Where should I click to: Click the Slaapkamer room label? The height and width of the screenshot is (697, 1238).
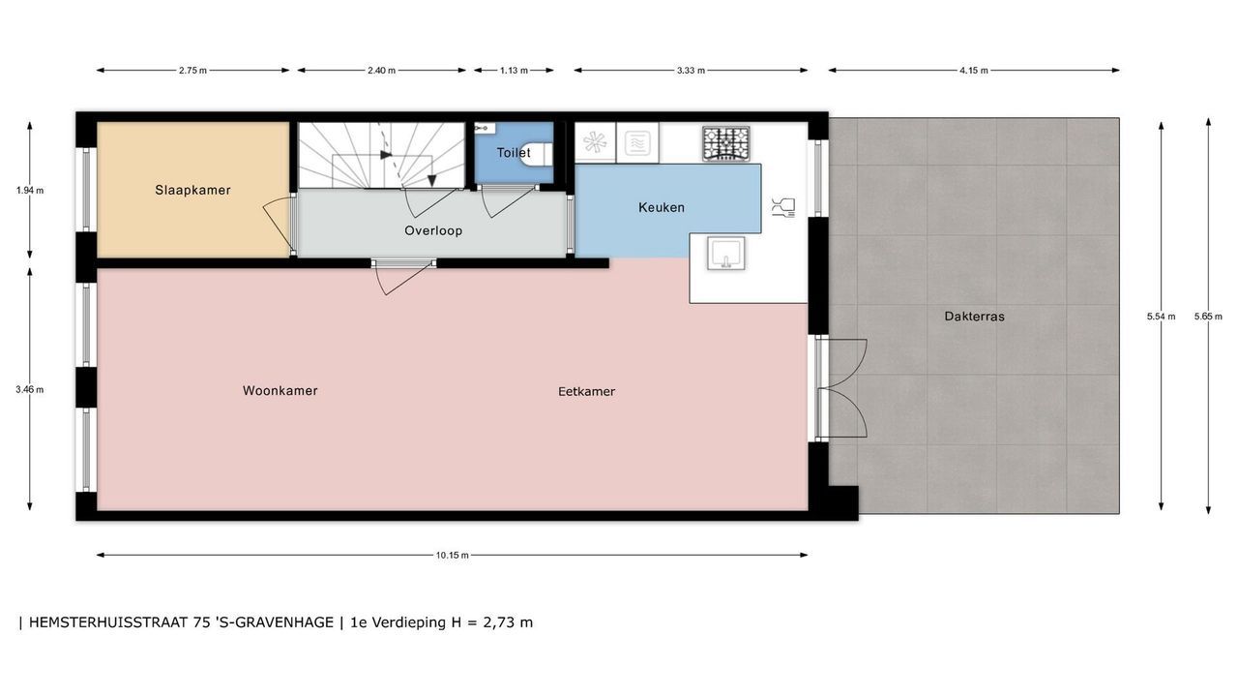point(192,191)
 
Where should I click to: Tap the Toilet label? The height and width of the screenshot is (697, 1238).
point(514,153)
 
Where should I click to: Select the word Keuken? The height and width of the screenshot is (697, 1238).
point(662,207)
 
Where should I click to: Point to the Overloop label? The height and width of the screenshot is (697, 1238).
point(433,230)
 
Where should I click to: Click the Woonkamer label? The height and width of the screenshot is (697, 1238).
point(280,390)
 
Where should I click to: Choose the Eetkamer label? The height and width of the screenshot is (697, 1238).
point(586,392)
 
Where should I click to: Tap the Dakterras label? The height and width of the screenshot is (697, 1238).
point(974,317)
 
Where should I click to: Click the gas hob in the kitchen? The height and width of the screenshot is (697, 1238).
point(726,143)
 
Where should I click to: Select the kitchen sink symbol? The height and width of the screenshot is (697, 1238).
point(725,254)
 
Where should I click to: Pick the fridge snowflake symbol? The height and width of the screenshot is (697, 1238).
point(595,142)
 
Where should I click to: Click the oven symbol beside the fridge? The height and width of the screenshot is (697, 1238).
point(637,143)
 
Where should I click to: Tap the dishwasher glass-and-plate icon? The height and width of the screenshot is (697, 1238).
point(783,207)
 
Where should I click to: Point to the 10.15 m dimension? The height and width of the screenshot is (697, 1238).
point(452,556)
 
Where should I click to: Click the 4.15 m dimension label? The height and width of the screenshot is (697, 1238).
point(974,71)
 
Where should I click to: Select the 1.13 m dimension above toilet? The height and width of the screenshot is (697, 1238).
point(514,71)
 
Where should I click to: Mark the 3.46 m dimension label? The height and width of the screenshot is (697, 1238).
point(30,389)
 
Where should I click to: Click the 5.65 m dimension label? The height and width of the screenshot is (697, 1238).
point(1208,317)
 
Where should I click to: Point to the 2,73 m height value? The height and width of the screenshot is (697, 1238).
point(508,622)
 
